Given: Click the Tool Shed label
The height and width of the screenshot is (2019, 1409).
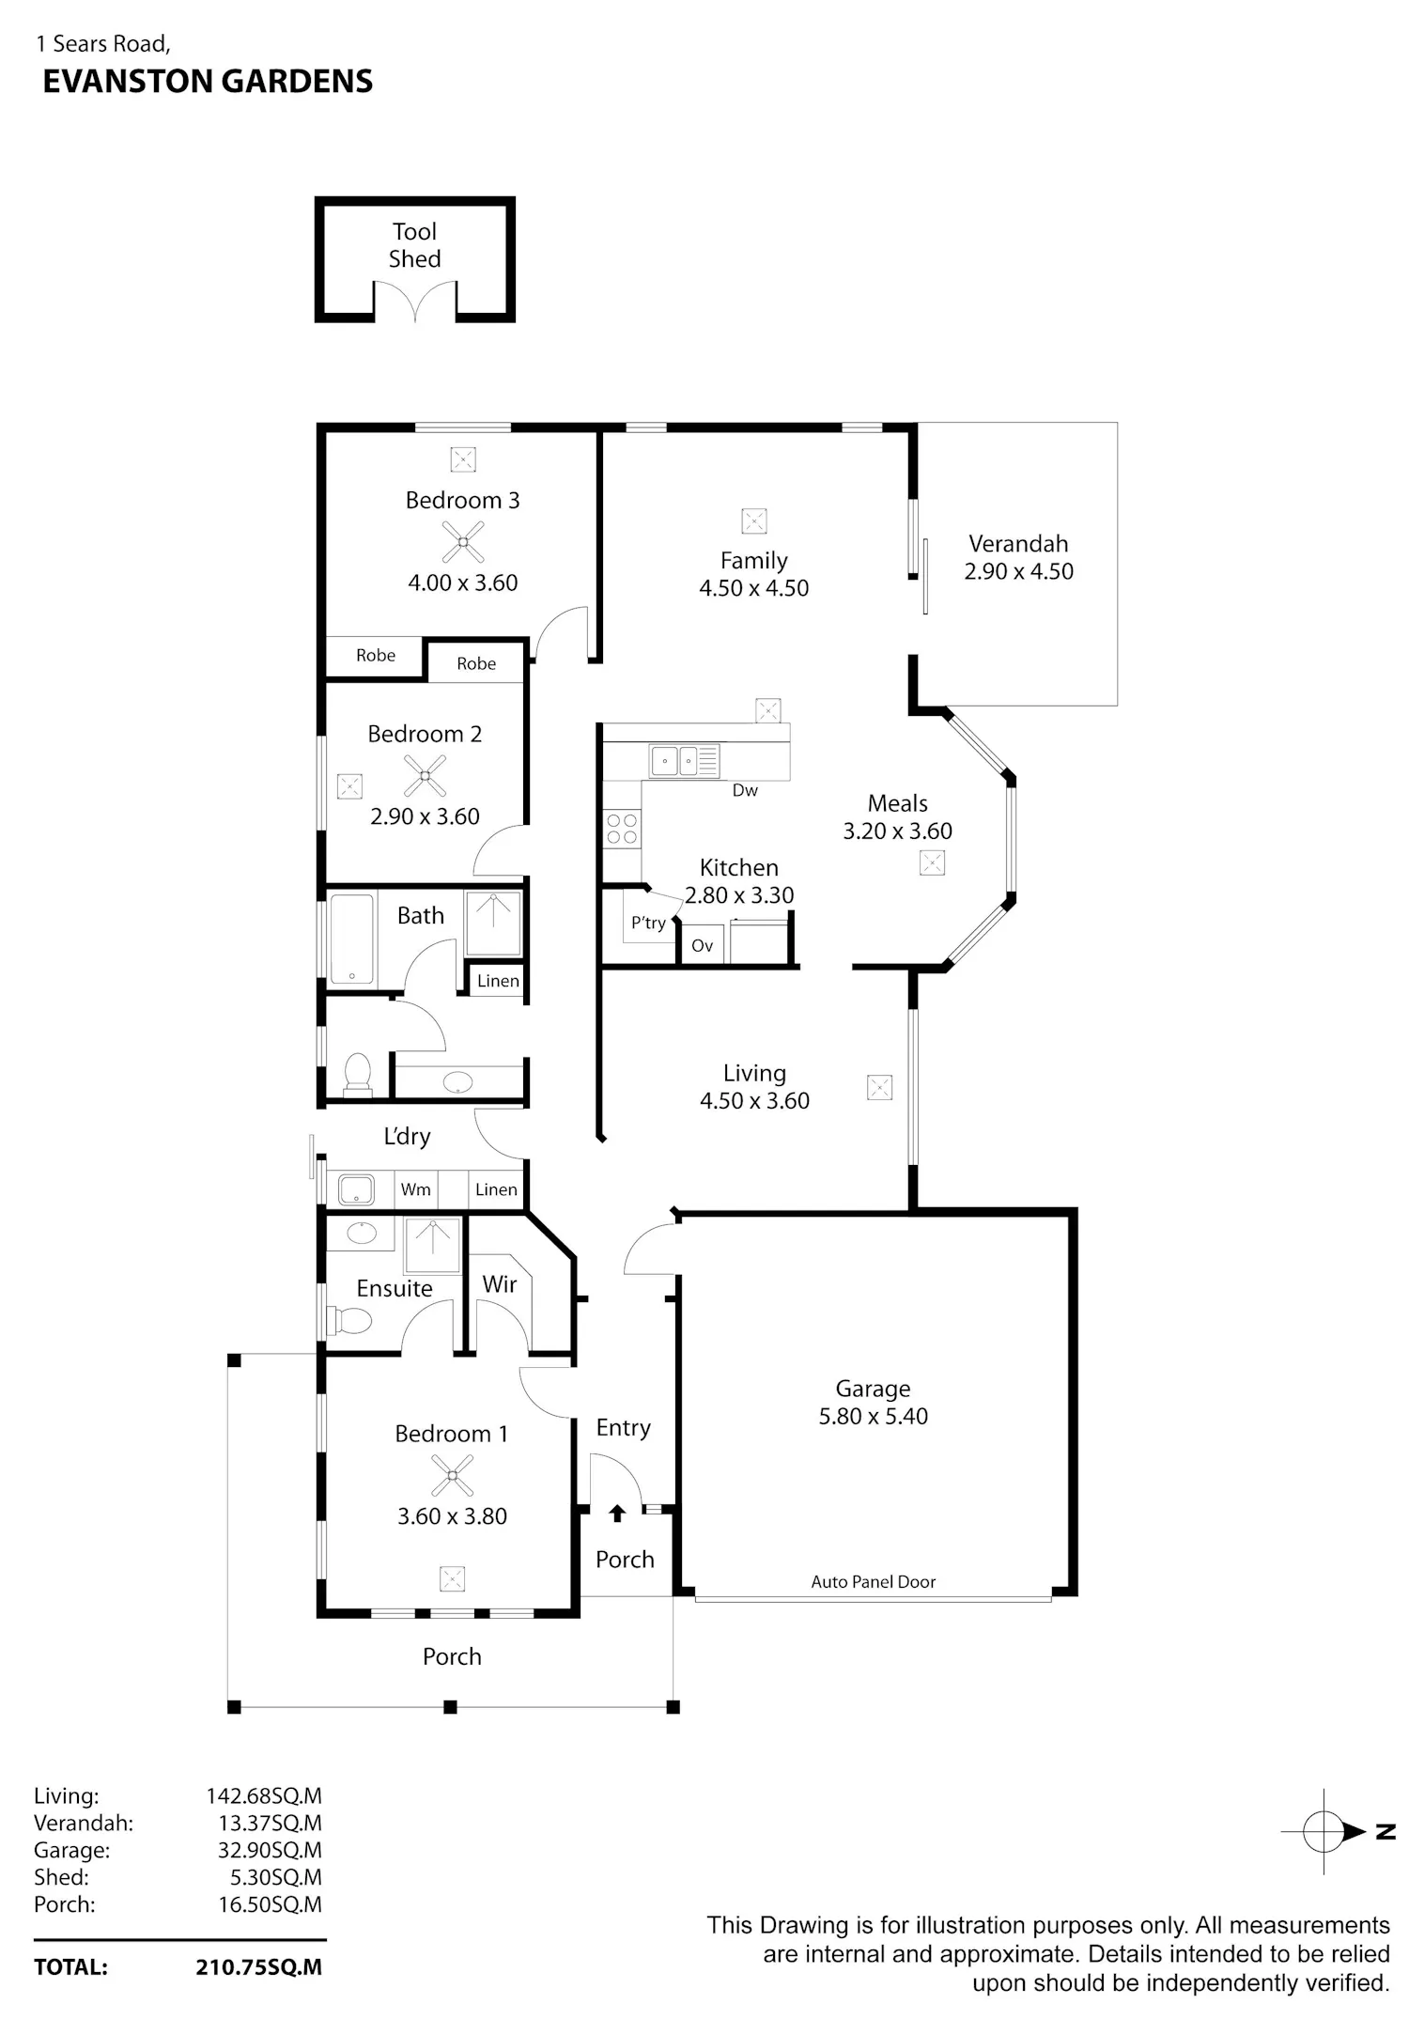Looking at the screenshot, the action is [415, 245].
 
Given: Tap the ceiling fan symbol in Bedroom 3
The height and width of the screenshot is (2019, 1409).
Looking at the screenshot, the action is [463, 542].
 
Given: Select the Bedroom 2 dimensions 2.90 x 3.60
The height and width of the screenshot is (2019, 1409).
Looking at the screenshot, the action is [425, 816].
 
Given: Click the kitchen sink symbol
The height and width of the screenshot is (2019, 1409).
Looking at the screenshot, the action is [683, 760].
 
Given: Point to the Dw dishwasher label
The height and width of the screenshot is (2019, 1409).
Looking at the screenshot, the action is [745, 790].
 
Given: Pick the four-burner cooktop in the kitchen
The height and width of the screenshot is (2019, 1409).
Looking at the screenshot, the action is [622, 829].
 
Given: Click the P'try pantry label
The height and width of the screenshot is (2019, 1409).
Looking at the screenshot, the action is [648, 923].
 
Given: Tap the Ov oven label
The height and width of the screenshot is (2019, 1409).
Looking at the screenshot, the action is [703, 945].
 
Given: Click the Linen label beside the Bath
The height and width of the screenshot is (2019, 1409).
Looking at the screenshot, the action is [498, 981].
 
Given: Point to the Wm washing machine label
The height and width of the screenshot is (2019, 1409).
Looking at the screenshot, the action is [415, 1189].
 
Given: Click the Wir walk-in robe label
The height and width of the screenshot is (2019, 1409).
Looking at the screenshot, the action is [500, 1284].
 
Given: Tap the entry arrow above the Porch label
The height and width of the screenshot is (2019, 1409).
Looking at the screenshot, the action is [617, 1514].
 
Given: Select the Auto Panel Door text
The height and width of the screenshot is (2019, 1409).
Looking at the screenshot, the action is [874, 1581].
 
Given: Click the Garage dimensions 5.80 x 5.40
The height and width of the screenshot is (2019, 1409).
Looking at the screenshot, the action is [874, 1416].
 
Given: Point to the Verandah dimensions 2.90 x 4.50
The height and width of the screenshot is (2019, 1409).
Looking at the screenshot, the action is [1019, 571].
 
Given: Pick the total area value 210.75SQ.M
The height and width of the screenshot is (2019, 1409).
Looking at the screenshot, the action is [259, 1967].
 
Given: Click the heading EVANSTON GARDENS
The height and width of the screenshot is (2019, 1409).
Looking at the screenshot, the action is [208, 82].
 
